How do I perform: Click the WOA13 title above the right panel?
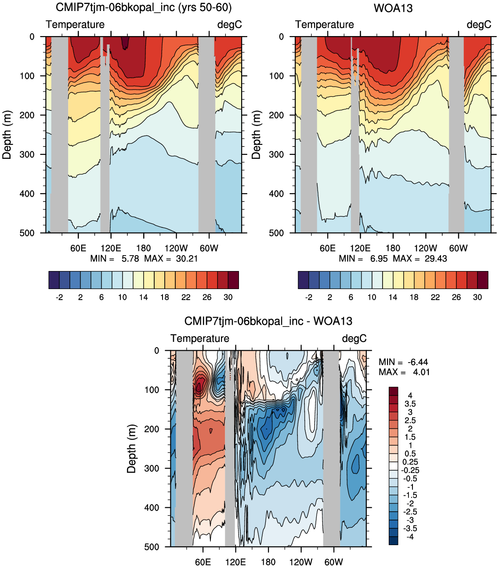point(393,8)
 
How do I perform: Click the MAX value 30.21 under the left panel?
point(187,259)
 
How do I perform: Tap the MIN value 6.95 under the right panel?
point(379,259)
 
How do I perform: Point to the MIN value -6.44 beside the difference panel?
point(418,362)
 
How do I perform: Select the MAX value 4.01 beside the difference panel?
point(421,372)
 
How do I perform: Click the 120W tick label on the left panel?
point(176,248)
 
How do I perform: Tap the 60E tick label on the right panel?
point(327,248)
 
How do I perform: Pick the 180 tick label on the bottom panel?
point(268,562)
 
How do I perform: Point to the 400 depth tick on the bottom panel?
point(152,507)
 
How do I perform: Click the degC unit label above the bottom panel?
point(354,338)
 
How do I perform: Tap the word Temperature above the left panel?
point(75,24)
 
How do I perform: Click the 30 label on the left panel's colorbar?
point(228,297)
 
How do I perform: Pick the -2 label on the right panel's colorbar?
point(308,297)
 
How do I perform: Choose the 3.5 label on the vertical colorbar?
point(410,404)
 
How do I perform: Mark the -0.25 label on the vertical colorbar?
point(410,470)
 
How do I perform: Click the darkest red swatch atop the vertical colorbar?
point(393,391)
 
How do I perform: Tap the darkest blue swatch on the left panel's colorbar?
point(54,280)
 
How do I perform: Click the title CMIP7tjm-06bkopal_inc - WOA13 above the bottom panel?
point(268,321)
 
